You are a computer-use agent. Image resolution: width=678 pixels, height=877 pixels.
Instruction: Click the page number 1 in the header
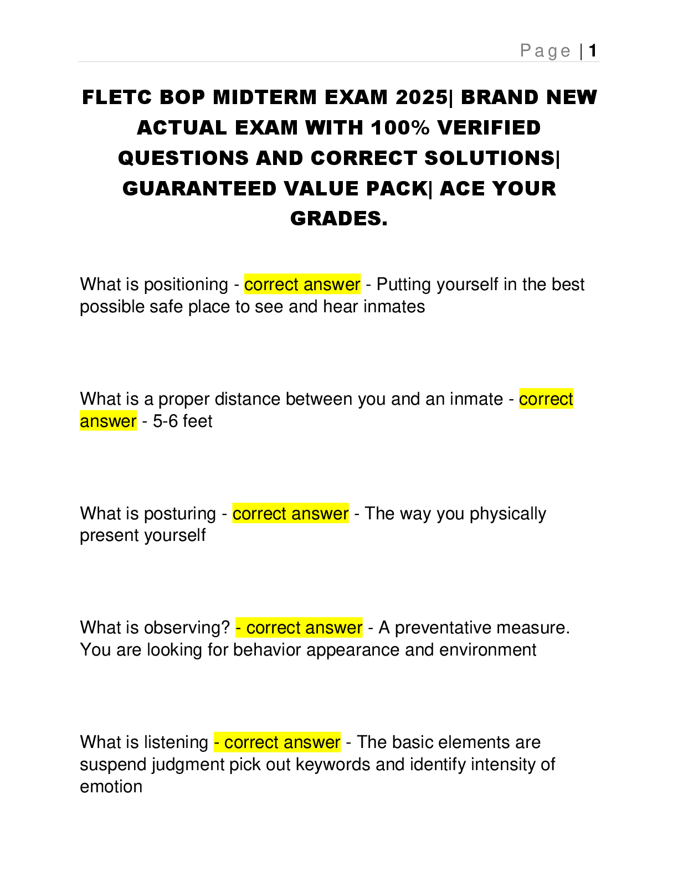pyautogui.click(x=593, y=51)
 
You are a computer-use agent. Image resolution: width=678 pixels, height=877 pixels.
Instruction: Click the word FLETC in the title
pyautogui.click(x=116, y=97)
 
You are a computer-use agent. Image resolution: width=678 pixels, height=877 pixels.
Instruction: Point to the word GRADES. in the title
pyautogui.click(x=338, y=219)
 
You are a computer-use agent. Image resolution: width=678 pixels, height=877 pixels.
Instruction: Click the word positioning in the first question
pyautogui.click(x=186, y=285)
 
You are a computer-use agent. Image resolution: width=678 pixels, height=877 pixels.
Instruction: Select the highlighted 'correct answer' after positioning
pyautogui.click(x=302, y=285)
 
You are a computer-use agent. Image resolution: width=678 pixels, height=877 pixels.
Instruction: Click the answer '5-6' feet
pyautogui.click(x=165, y=421)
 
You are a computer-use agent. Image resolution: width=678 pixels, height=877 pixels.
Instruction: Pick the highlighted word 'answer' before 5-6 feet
pyautogui.click(x=108, y=421)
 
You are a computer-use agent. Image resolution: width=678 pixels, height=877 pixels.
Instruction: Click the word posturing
pyautogui.click(x=179, y=514)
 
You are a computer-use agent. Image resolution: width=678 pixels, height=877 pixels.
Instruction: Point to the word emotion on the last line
pyautogui.click(x=111, y=787)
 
